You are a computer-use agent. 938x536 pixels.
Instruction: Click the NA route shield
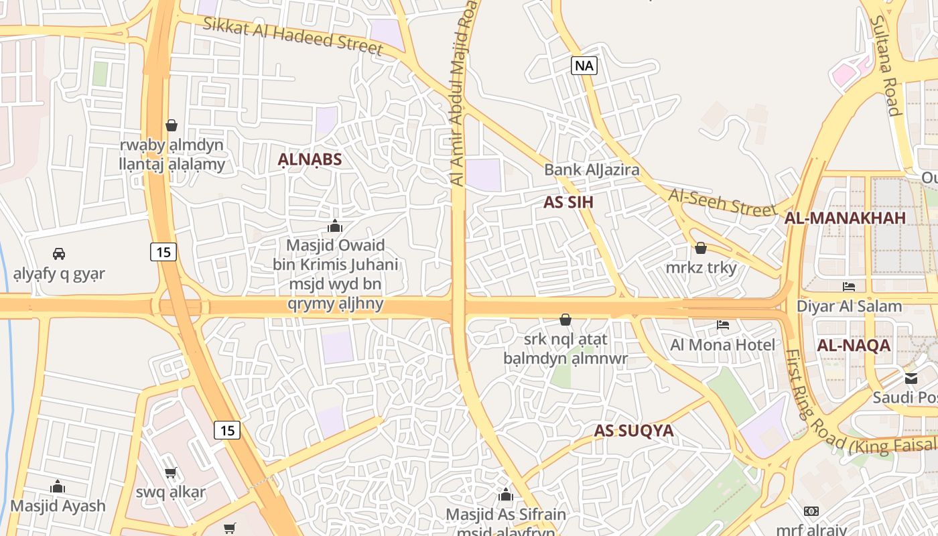pyautogui.click(x=584, y=65)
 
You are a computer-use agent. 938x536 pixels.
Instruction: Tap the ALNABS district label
pyautogui.click(x=310, y=159)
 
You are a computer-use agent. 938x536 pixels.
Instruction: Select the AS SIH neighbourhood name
pyautogui.click(x=568, y=202)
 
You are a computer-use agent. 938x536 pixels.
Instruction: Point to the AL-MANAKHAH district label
pyautogui.click(x=845, y=218)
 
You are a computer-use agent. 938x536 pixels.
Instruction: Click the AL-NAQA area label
pyautogui.click(x=854, y=346)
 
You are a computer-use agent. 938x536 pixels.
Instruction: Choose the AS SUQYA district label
pyautogui.click(x=633, y=431)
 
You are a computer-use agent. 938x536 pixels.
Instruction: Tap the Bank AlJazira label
pyautogui.click(x=592, y=170)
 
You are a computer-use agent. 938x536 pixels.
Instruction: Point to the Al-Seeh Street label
pyautogui.click(x=722, y=202)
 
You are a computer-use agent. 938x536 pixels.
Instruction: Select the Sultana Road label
pyautogui.click(x=885, y=66)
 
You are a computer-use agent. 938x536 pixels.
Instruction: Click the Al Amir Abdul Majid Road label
pyautogui.click(x=463, y=94)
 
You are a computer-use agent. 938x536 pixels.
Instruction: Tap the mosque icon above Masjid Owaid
pyautogui.click(x=335, y=226)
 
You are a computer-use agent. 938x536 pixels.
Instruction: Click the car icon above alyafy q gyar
pyautogui.click(x=59, y=253)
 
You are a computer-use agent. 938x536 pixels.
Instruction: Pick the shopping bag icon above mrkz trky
pyautogui.click(x=701, y=248)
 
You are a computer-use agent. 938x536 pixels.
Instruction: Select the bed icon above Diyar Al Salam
pyautogui.click(x=849, y=287)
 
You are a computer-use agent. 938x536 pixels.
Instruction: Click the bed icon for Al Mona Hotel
pyautogui.click(x=723, y=325)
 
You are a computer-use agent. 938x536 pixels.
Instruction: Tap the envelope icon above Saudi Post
pyautogui.click(x=911, y=378)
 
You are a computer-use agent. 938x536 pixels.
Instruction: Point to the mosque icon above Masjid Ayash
pyautogui.click(x=58, y=486)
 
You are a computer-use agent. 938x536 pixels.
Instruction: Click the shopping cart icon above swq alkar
pyautogui.click(x=171, y=472)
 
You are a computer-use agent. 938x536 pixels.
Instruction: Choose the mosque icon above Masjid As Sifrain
pyautogui.click(x=506, y=495)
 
